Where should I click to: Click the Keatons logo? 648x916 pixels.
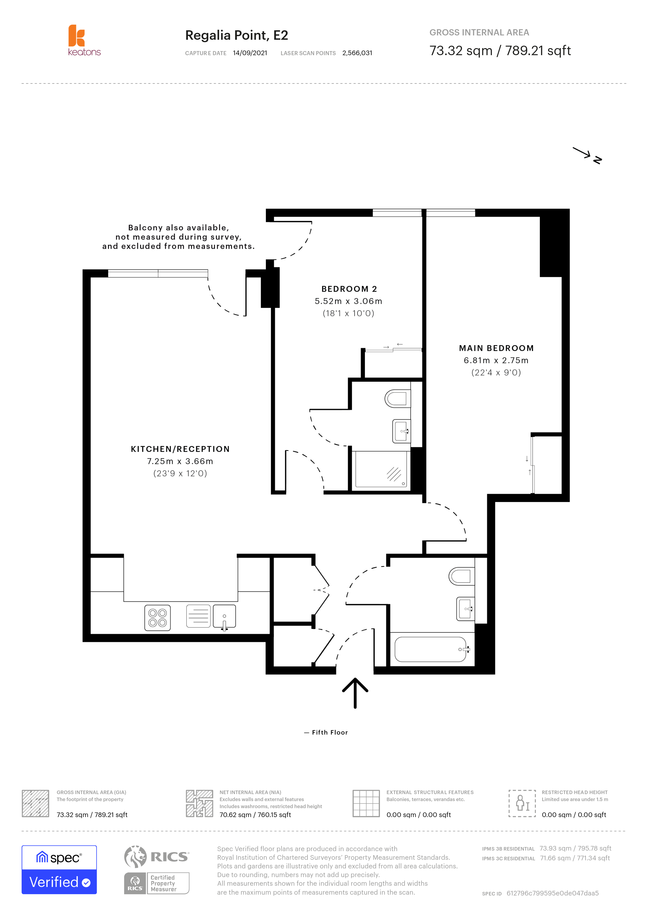(84, 40)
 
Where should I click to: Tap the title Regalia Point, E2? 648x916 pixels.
(237, 35)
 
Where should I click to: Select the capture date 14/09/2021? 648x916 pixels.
(250, 53)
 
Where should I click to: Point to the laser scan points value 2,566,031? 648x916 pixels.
(357, 53)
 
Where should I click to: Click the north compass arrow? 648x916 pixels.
(587, 155)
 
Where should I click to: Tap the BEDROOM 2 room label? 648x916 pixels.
(349, 289)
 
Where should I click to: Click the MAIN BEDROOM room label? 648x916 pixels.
(496, 348)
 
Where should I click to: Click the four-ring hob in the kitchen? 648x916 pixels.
(158, 618)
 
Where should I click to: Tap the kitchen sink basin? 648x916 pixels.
(224, 617)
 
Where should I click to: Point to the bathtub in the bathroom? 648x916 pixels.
(431, 649)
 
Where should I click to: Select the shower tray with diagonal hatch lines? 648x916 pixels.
(381, 469)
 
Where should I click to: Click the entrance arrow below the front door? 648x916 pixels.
(355, 693)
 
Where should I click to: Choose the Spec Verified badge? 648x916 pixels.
(59, 870)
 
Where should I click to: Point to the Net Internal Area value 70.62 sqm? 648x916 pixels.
(255, 815)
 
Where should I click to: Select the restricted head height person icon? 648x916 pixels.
(522, 803)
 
